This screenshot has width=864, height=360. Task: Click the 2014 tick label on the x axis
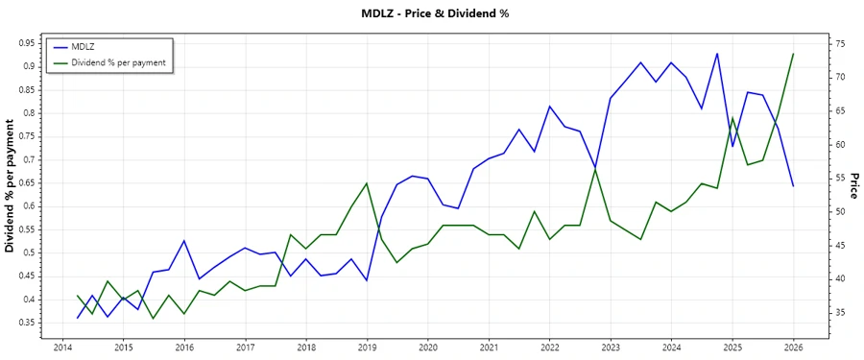pyautogui.click(x=62, y=348)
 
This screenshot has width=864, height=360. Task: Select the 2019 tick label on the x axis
pyautogui.click(x=367, y=348)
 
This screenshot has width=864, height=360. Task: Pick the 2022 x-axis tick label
pyautogui.click(x=549, y=348)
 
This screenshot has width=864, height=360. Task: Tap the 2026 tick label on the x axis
pyautogui.click(x=793, y=348)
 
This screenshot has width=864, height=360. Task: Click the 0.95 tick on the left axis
pyautogui.click(x=26, y=43)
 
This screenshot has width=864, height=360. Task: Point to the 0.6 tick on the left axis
pyautogui.click(x=29, y=206)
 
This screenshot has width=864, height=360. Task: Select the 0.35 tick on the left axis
pyautogui.click(x=26, y=323)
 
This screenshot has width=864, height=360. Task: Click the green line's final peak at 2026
pyautogui.click(x=793, y=54)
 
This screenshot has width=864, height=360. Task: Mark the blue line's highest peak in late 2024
pyautogui.click(x=717, y=54)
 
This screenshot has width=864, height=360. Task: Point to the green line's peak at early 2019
pyautogui.click(x=367, y=183)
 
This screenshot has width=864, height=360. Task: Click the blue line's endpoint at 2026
pyautogui.click(x=793, y=186)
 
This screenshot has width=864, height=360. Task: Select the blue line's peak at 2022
pyautogui.click(x=549, y=107)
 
